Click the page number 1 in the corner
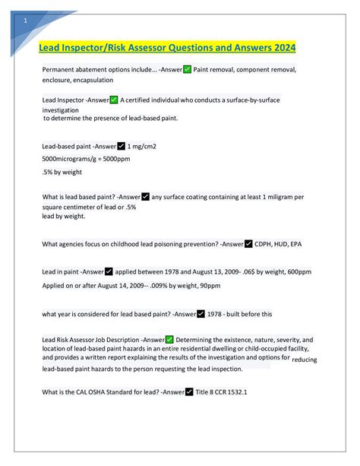tap(26, 21)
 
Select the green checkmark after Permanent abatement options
tap(188, 69)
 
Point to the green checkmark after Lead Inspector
tap(114, 100)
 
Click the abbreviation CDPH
tap(267, 244)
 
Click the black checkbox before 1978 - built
tap(201, 312)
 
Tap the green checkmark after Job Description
tap(169, 339)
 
